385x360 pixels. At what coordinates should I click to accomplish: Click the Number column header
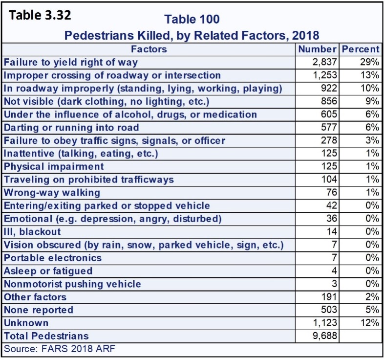(x=317, y=49)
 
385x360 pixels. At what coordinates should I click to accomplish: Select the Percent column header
(x=361, y=49)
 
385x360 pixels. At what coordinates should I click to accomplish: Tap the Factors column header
(x=149, y=49)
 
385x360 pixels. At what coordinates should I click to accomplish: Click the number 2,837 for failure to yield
(x=324, y=62)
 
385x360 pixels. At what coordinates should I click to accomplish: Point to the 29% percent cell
(x=369, y=62)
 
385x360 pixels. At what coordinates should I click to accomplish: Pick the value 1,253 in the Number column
(x=324, y=75)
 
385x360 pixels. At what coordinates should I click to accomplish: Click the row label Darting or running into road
(x=71, y=128)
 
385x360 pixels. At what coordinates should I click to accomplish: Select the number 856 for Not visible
(x=329, y=101)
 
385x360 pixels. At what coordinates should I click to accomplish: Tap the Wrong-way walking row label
(x=52, y=193)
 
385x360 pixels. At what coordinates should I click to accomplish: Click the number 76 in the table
(x=332, y=192)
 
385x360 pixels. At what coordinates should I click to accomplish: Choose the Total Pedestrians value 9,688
(x=324, y=336)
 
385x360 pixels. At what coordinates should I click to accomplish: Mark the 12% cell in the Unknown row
(x=369, y=323)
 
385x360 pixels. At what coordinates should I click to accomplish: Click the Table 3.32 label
(x=40, y=15)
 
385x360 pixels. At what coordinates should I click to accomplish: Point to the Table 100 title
(x=192, y=19)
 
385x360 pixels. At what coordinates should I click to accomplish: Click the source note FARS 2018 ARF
(x=60, y=349)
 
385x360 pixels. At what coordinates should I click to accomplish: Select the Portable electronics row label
(x=53, y=258)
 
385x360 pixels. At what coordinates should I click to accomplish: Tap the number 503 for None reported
(x=329, y=310)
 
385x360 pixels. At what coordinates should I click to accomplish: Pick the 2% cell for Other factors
(x=372, y=297)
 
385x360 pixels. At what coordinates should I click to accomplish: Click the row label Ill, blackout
(x=32, y=232)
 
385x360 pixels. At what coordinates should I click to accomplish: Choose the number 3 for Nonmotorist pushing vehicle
(x=334, y=284)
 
